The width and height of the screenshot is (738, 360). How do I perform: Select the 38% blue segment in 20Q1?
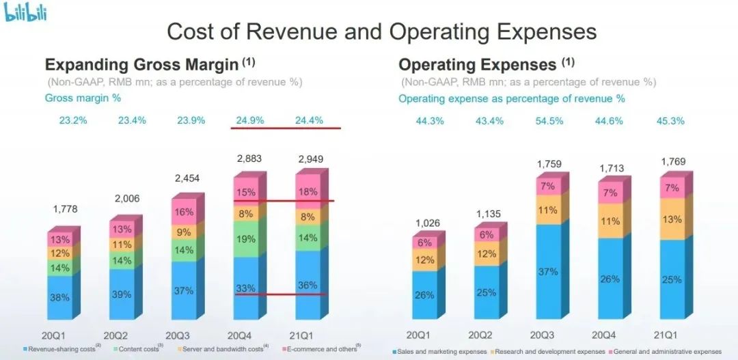59,297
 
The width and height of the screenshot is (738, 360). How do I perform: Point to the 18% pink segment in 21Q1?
308,192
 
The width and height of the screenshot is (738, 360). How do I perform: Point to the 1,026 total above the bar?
428,223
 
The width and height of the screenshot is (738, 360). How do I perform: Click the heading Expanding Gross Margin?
141,65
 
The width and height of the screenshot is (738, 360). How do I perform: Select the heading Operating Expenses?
478,65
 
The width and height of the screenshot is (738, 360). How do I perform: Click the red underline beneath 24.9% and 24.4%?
284,128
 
